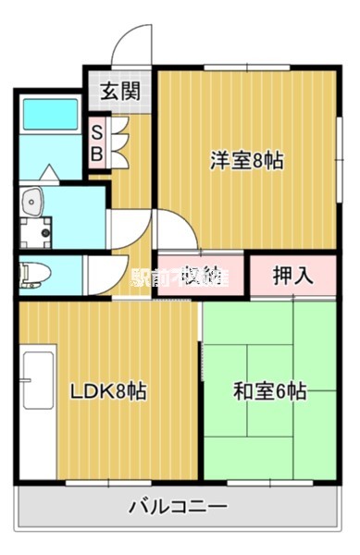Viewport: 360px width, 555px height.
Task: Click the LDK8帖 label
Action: coord(108,390)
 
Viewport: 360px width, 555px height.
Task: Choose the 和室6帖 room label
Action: coord(268,390)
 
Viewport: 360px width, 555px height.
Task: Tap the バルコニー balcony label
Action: coord(178,507)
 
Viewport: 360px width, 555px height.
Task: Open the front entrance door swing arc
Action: coord(132,46)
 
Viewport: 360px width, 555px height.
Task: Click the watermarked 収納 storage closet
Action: coord(201,275)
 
